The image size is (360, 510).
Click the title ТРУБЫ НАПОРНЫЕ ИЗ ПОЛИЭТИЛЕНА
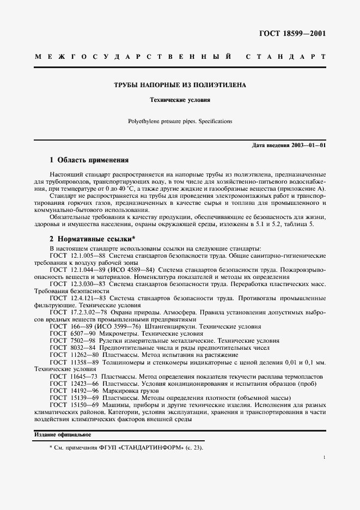(x=180, y=86)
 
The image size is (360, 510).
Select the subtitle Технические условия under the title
(x=180, y=100)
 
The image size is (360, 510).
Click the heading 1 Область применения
(x=89, y=160)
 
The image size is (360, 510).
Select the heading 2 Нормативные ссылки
(x=92, y=239)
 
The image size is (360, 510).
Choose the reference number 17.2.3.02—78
(x=89, y=312)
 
